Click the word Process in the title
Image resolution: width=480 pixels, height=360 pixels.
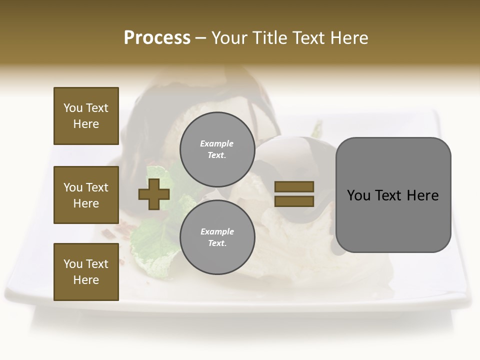[x=157, y=38]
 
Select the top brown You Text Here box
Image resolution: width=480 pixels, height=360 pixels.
[x=86, y=116]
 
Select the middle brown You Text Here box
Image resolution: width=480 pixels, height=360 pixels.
[x=86, y=195]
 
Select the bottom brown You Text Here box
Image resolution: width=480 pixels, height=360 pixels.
[x=86, y=272]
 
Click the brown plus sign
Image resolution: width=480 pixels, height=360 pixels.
[x=154, y=194]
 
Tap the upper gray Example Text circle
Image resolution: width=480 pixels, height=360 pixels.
[x=217, y=149]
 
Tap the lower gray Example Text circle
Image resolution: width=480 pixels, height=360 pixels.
[x=217, y=237]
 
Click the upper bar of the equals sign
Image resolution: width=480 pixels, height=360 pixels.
[x=294, y=187]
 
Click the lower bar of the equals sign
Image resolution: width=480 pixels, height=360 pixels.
[x=294, y=201]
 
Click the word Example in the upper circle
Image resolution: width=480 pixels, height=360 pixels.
[x=217, y=144]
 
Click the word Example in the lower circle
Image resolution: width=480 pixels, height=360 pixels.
[x=217, y=232]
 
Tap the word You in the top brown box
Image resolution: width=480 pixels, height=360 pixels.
[x=72, y=108]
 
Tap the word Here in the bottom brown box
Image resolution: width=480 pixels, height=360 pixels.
[x=86, y=280]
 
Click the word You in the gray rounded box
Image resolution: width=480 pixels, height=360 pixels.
[x=358, y=195]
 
